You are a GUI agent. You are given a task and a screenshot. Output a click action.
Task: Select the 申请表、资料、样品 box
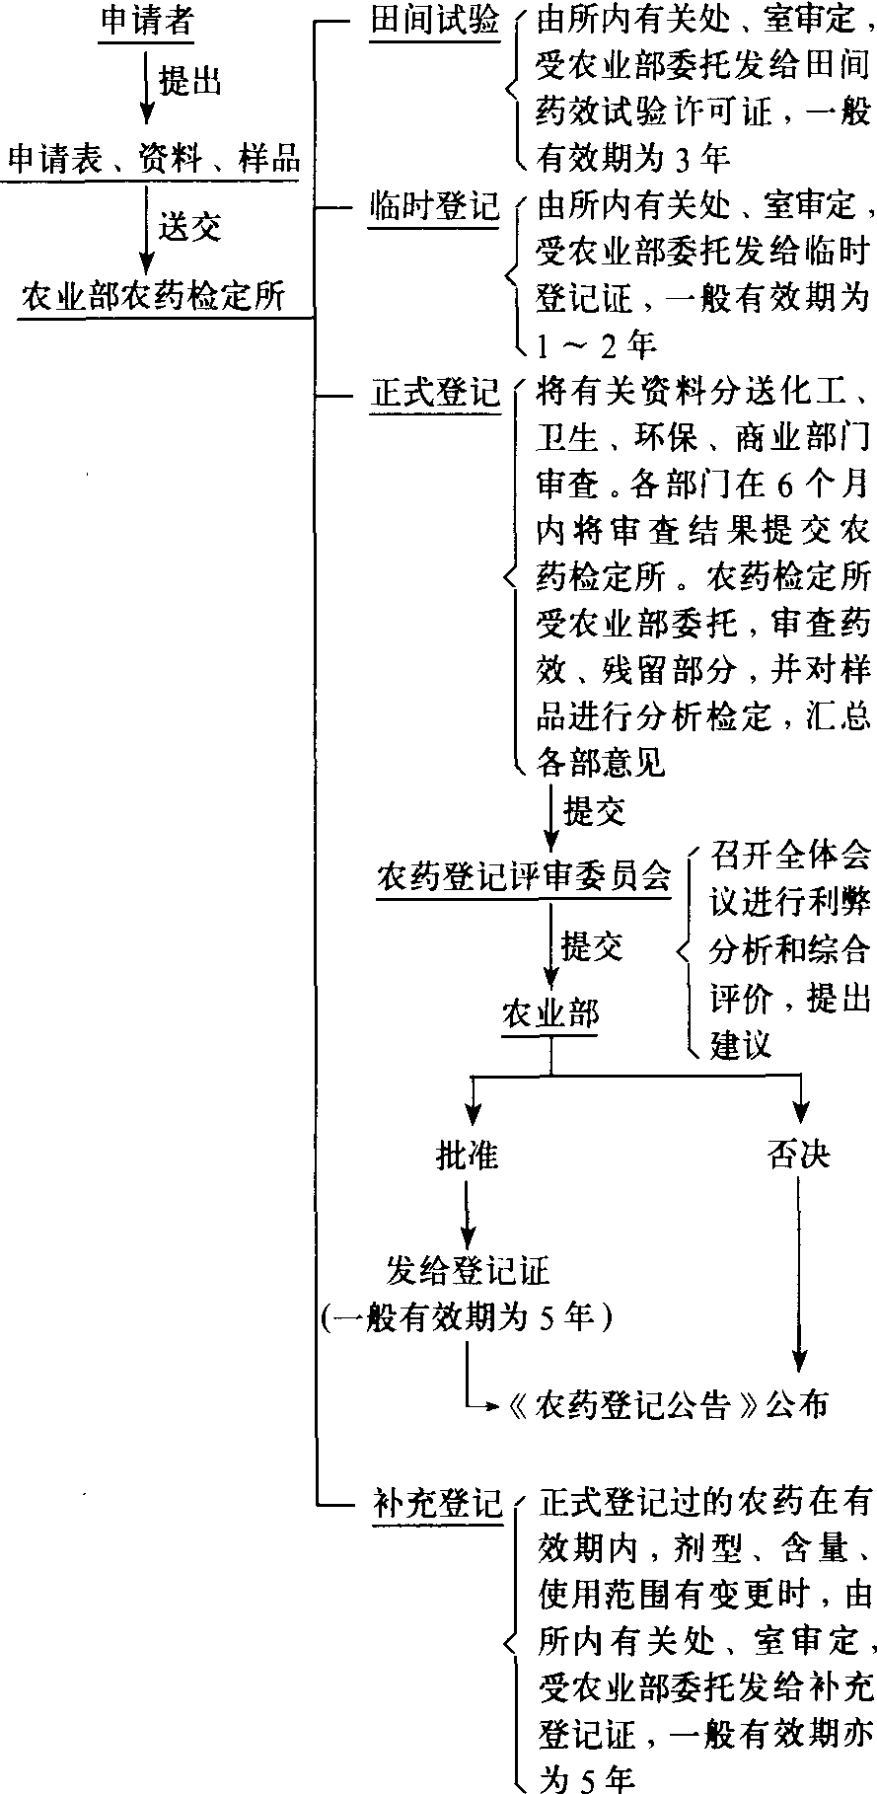153,159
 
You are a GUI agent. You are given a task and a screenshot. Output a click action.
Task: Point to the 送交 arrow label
190,227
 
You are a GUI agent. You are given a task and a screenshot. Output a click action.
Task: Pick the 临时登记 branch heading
435,208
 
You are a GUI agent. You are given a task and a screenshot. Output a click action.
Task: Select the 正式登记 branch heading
435,394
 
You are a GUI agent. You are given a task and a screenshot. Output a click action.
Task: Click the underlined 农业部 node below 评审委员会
550,1013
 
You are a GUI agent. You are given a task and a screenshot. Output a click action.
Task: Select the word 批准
468,1154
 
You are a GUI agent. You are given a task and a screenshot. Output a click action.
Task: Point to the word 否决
799,1154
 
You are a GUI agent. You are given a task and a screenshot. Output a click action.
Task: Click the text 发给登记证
468,1270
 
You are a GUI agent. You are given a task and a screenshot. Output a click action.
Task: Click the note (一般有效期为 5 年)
468,1315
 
